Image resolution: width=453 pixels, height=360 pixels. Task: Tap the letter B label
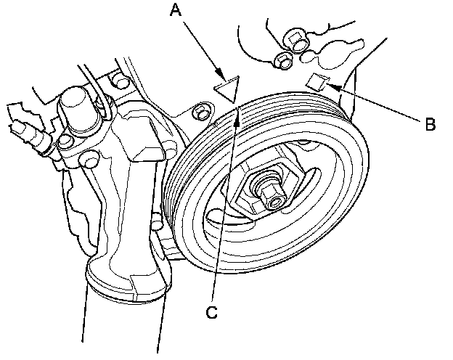tap(430, 124)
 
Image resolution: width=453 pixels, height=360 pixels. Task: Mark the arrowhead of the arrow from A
tap(221, 73)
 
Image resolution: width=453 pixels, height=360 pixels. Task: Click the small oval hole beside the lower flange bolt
tap(307, 56)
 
